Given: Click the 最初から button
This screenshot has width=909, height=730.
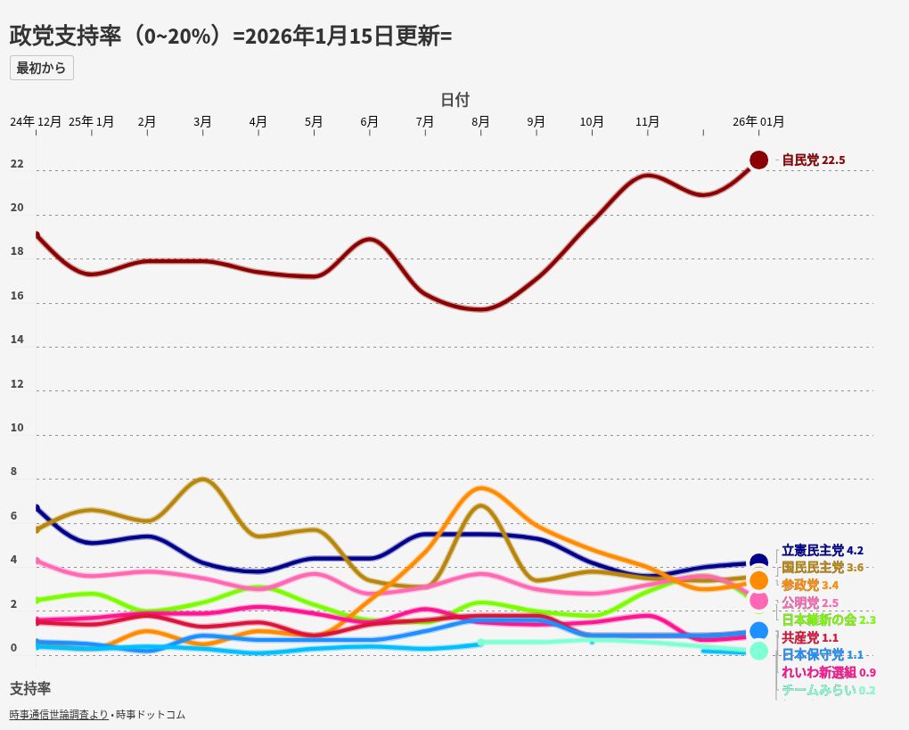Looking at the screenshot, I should click(x=41, y=68).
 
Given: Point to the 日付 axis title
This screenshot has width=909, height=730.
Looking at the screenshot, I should click(x=454, y=99).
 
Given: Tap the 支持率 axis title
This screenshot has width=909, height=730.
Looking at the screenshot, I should click(x=30, y=688).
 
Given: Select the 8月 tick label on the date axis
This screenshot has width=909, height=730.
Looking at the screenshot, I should click(x=480, y=121).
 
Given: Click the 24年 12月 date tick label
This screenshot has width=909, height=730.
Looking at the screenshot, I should click(x=36, y=121).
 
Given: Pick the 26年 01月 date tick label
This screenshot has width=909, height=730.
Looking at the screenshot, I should click(x=758, y=121).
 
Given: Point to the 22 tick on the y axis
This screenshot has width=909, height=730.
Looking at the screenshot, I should click(x=17, y=165).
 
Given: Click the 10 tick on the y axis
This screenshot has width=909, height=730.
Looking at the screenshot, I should click(x=17, y=428).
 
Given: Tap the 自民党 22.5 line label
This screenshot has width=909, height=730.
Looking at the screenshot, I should click(x=813, y=160).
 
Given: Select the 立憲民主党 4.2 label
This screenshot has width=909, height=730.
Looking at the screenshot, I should click(x=823, y=551).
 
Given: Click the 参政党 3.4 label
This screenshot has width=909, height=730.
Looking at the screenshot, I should click(x=810, y=585).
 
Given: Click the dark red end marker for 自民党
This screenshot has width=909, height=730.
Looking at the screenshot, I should click(x=758, y=160).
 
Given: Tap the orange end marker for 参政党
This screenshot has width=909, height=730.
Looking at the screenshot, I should click(x=758, y=580).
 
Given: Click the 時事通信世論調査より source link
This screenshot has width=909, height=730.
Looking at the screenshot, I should click(x=59, y=715).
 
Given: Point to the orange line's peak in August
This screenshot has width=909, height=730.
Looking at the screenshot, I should click(x=480, y=488).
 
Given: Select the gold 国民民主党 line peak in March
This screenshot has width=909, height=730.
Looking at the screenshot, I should click(x=203, y=479).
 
